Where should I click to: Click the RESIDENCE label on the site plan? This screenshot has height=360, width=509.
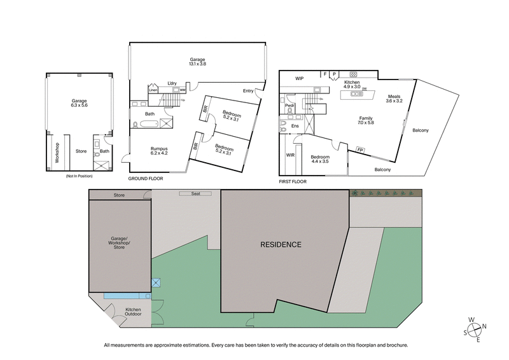coord(281,244)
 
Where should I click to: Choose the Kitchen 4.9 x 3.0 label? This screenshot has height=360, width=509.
coord(353,85)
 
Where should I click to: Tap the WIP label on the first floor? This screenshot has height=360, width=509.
coord(300,78)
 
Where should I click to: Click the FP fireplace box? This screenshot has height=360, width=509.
coord(361,151)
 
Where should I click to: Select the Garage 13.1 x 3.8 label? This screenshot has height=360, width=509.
coord(197,61)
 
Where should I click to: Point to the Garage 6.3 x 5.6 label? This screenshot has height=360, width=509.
coord(79,105)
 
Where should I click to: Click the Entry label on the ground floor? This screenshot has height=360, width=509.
coord(248,91)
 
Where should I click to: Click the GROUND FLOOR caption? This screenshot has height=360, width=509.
coord(146,179)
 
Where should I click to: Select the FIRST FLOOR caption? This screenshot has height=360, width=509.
coord(293,181)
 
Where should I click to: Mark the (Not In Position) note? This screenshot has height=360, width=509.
coord(79,176)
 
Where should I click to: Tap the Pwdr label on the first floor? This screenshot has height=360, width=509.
coord(289,106)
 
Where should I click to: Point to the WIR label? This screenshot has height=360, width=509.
coord(291,155)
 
